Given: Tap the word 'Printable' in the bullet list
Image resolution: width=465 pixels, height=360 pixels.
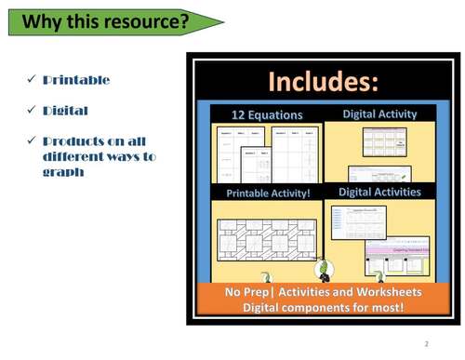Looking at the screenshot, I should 76,80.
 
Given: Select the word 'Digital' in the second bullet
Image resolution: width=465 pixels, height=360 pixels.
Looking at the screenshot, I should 65,111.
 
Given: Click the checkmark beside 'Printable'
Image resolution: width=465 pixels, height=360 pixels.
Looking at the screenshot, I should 30,80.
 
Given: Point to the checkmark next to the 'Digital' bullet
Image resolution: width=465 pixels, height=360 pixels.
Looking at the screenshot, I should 30,111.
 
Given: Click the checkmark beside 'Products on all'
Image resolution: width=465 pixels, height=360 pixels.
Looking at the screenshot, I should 30,141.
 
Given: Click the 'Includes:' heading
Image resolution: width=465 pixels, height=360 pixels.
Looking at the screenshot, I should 324,82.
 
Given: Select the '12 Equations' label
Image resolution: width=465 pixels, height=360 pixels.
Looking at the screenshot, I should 268,115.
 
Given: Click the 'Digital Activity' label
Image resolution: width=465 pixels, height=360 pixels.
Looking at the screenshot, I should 379,114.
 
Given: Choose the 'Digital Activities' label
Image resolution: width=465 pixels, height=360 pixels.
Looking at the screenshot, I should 379,193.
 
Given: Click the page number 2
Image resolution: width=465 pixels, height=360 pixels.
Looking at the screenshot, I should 426,343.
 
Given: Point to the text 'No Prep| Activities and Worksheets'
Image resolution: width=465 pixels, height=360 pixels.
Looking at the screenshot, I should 323,292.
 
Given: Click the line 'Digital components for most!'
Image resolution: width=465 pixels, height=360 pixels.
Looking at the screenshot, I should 323,307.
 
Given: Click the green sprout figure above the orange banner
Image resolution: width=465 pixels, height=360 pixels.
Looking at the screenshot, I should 325,271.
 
